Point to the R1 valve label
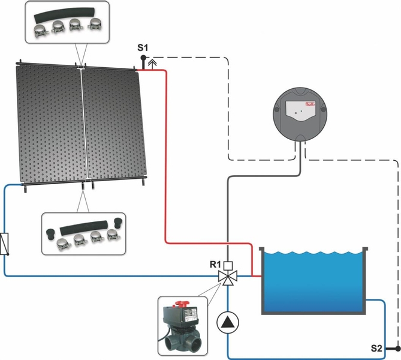tap(214, 263)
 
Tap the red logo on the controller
tap(311, 106)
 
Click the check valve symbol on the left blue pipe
tap(5, 244)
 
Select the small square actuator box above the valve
tap(228, 265)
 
